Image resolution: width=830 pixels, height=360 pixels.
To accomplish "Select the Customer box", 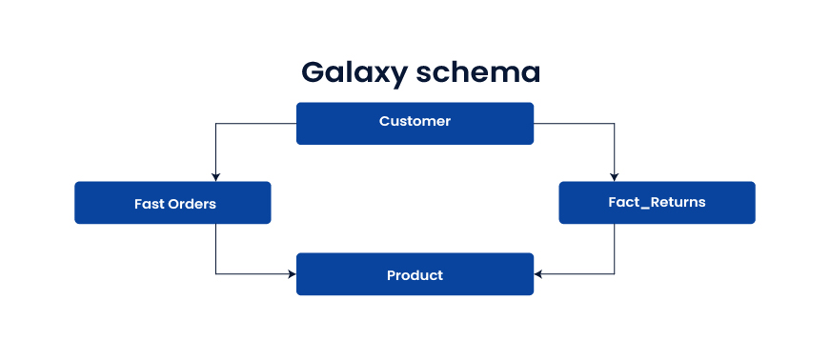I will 415,123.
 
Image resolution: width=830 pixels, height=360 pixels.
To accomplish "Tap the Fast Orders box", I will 172,203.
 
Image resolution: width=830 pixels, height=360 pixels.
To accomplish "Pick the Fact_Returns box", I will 657,203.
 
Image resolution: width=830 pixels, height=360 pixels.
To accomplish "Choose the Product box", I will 415,274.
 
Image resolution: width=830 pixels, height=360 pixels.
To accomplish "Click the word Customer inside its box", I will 415,122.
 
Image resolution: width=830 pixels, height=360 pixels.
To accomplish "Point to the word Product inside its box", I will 415,275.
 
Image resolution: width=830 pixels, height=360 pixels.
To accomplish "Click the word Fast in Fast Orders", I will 150,204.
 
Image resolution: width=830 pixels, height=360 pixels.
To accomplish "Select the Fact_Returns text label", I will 657,203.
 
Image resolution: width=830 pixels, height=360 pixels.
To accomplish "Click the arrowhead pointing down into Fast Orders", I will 216,176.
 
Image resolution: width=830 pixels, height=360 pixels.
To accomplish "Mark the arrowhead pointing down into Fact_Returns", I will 614,176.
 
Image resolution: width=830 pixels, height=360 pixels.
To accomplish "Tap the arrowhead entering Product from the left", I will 292,274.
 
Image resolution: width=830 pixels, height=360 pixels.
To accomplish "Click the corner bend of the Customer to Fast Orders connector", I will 216,123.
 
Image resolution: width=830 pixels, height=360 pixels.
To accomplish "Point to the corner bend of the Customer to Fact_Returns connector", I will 614,123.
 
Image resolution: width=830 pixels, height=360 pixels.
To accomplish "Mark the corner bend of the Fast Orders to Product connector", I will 216,274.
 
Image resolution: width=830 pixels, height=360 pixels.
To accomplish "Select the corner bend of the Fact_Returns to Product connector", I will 614,274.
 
